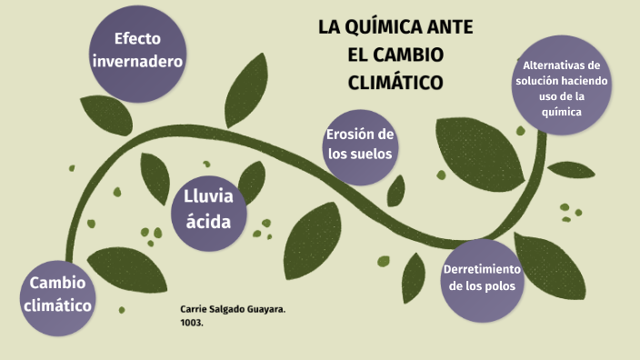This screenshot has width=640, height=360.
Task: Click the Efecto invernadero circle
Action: point(138,50)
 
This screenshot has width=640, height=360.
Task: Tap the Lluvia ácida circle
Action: point(208,209)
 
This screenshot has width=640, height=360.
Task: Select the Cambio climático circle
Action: point(60,293)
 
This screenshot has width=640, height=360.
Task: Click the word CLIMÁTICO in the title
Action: point(395,83)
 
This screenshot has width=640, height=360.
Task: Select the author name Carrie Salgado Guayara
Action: point(233,310)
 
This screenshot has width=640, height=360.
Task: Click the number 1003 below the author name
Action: point(191,322)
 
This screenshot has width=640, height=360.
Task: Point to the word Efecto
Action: point(137,39)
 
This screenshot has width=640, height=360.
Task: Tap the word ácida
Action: point(208,221)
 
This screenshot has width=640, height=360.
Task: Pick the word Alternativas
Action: point(561,65)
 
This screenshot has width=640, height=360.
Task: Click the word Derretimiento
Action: point(481,269)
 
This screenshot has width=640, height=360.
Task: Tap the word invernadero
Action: point(137,61)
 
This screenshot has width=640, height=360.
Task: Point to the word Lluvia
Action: point(208,197)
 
